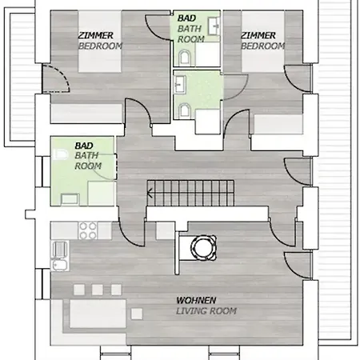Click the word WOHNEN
pos(196,301)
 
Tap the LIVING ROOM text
pos(206,311)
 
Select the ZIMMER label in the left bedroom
pos(95,35)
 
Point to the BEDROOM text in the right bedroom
pos(263,46)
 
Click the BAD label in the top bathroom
pos(186,18)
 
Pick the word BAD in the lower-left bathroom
pos(84,146)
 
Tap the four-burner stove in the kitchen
pos(88,230)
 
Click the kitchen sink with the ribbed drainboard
pos(60,255)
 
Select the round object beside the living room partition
pos(203,247)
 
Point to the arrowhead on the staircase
pos(150,193)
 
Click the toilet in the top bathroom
pos(185,58)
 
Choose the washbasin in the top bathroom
pos(214,26)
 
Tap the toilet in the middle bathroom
pos(185,110)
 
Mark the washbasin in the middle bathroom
pos(180,84)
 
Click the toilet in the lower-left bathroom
pos(60,154)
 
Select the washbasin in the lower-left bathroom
pos(70,199)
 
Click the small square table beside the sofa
pos(137,314)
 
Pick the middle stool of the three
pos(98,290)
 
